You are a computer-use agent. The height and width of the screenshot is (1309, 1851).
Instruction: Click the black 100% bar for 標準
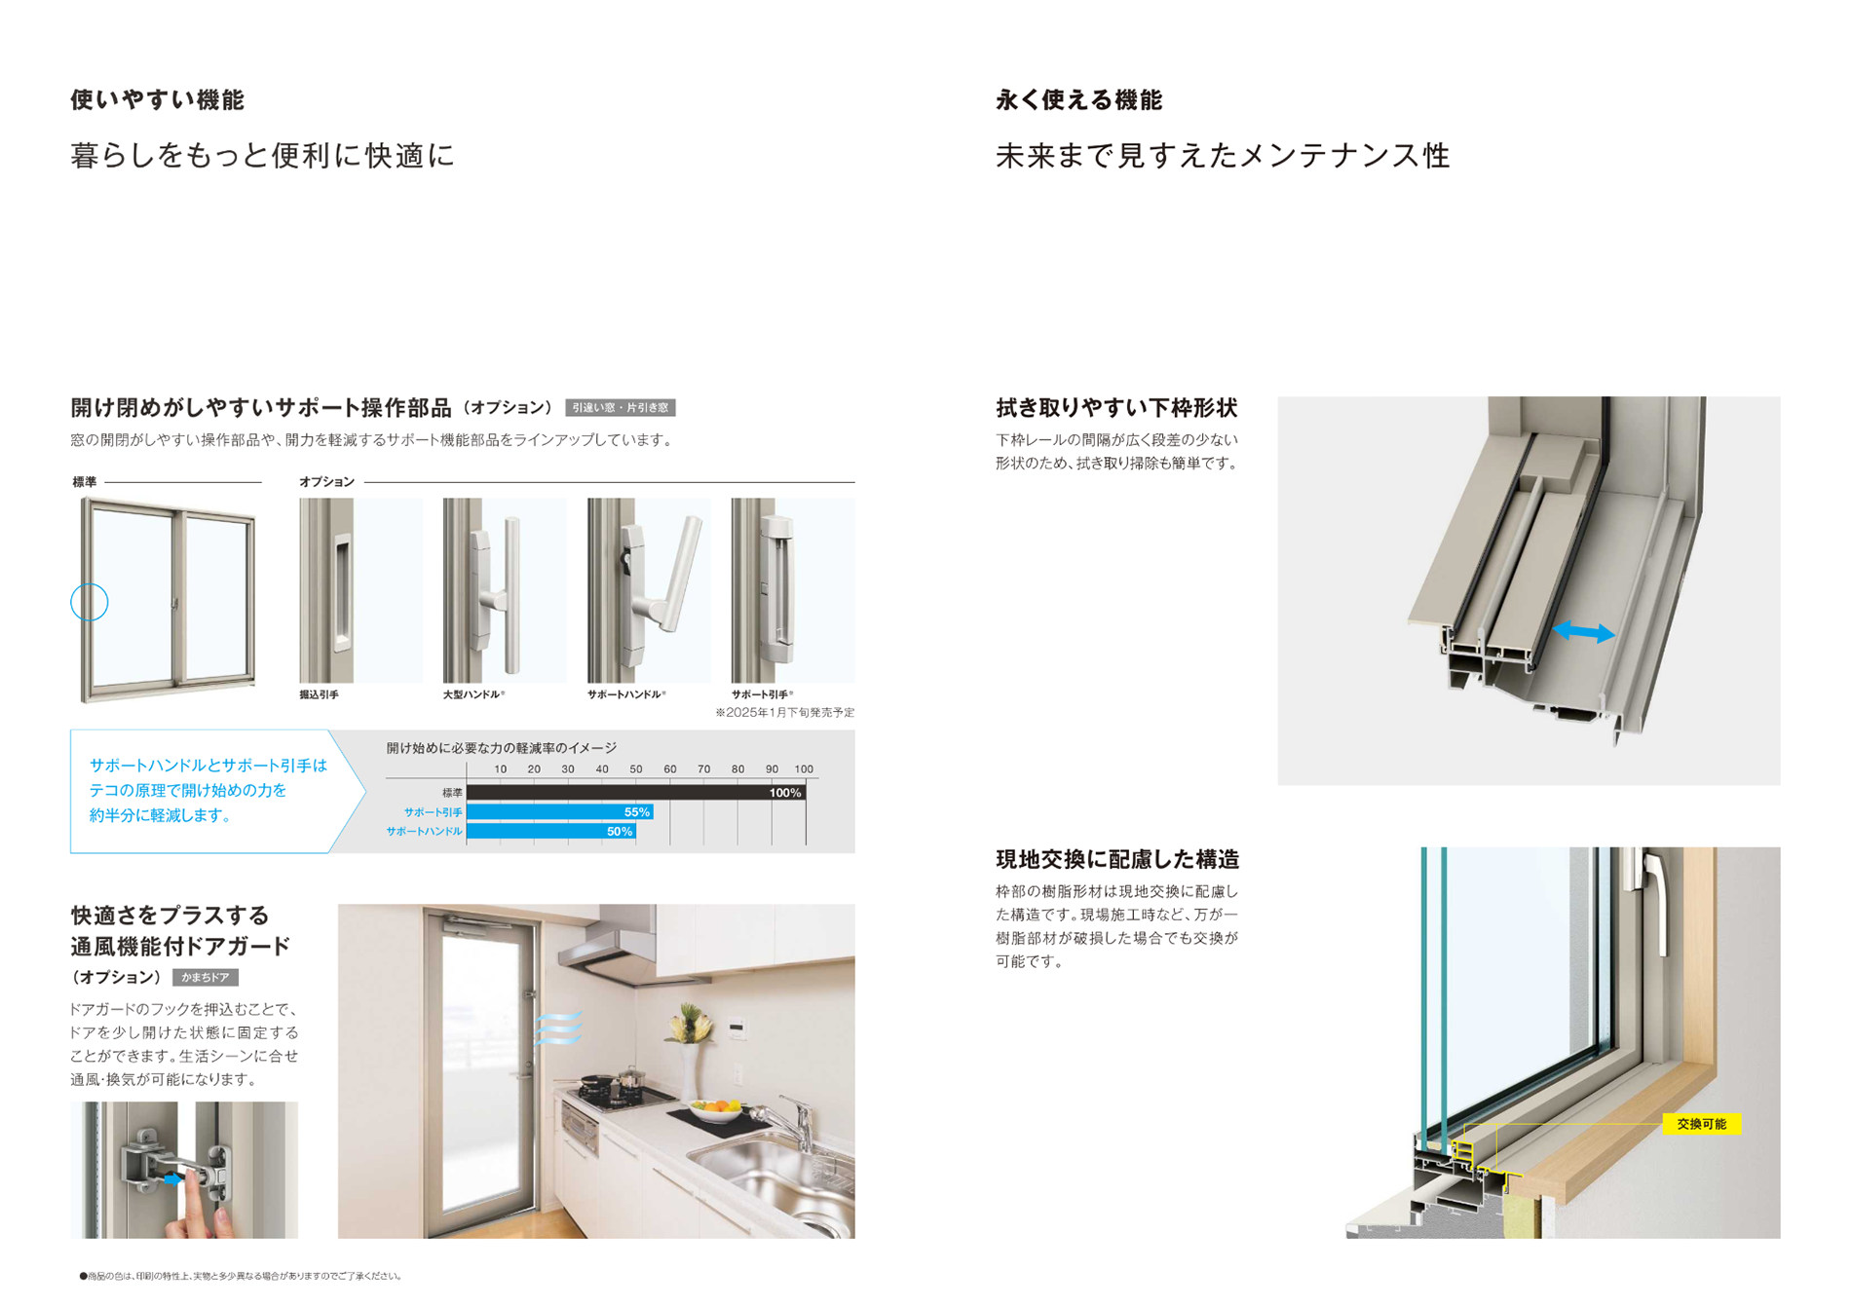635,793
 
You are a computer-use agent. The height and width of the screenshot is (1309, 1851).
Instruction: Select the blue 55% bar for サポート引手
559,812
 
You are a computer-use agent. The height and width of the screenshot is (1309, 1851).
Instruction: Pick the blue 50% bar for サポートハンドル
550,832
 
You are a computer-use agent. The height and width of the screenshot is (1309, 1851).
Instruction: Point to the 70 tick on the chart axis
703,769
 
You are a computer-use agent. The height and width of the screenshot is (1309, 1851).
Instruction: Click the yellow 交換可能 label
1701,1124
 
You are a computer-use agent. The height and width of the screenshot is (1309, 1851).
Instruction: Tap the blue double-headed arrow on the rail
1583,633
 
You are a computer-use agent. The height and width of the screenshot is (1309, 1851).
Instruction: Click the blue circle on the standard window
90,603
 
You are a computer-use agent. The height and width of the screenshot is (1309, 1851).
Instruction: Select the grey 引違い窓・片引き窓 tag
620,408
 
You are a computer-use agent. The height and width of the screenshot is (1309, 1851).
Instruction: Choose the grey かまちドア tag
206,977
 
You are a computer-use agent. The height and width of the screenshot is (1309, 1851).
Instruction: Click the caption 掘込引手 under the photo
319,695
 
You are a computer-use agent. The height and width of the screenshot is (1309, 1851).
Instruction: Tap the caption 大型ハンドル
472,695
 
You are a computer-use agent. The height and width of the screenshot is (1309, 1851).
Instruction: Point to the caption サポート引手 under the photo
761,695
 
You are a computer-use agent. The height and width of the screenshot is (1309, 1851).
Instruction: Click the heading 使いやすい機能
157,100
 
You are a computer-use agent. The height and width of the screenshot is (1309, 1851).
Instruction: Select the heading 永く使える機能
1078,100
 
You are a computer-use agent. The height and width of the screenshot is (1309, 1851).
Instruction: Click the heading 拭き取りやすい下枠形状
1116,408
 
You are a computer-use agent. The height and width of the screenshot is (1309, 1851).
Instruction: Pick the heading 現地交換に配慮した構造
1117,859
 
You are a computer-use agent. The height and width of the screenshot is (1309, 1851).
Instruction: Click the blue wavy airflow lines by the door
558,1028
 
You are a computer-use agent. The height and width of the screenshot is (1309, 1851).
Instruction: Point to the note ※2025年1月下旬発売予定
784,713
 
